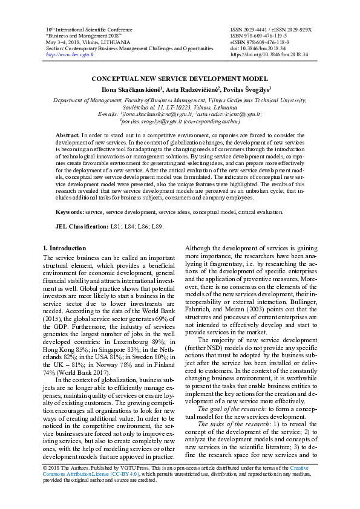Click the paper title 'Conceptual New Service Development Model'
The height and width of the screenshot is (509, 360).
(179, 79)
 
